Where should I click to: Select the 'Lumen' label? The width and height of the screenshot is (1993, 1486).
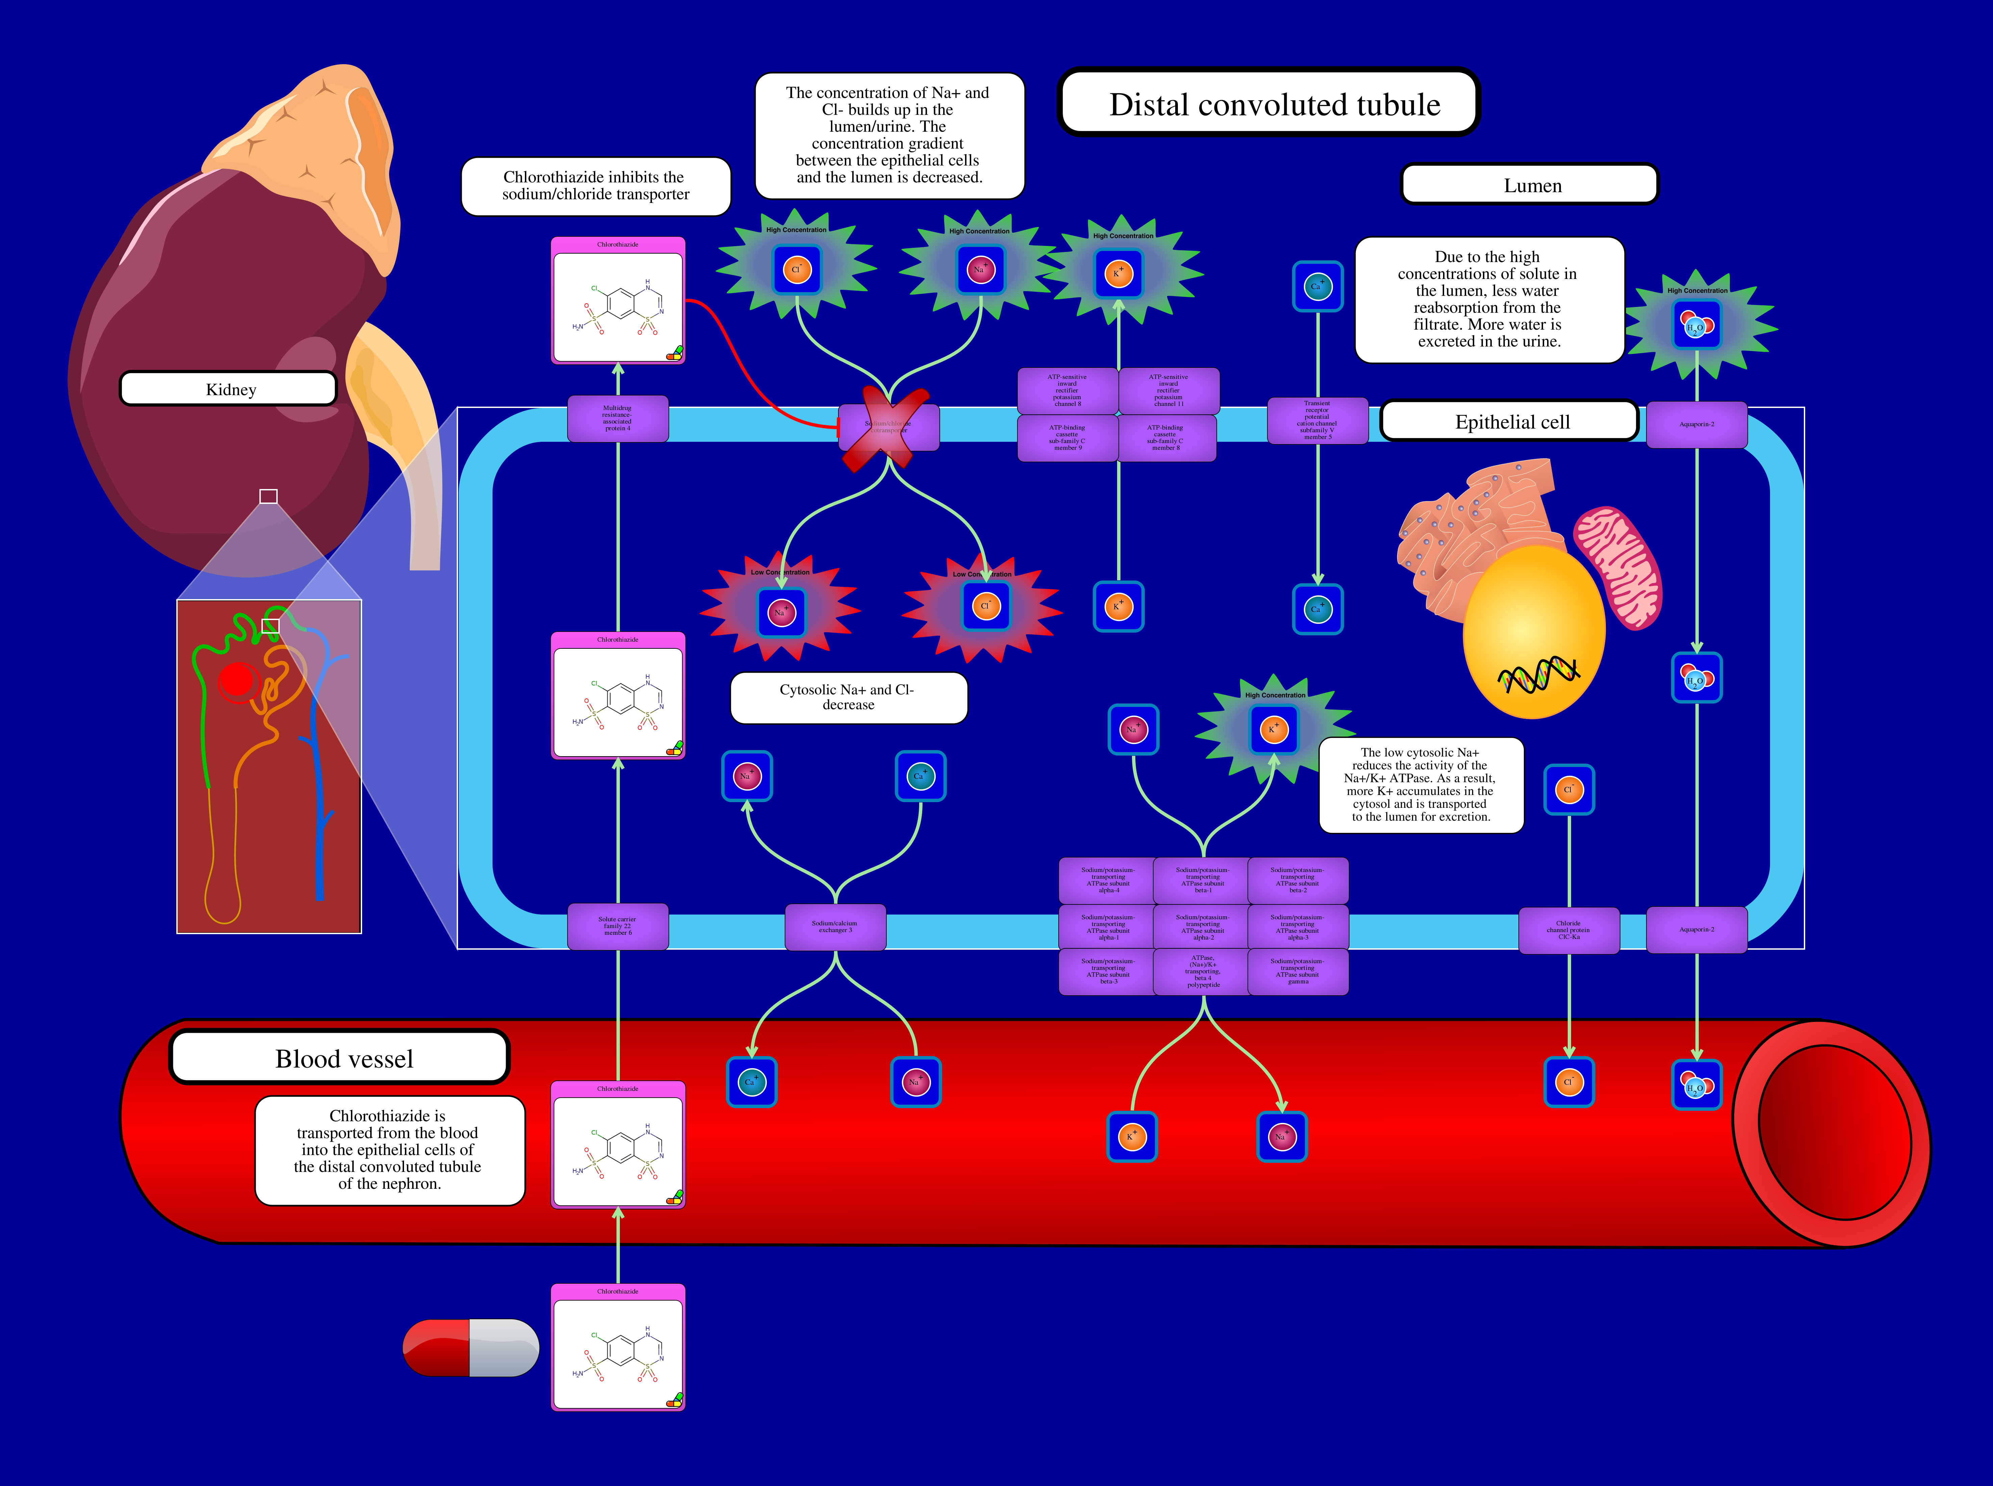click(1530, 185)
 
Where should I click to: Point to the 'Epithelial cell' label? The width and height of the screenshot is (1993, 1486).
click(1510, 422)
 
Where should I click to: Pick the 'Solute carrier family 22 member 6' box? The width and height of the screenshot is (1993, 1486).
click(617, 926)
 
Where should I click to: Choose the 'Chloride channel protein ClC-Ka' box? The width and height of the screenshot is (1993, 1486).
click(1568, 930)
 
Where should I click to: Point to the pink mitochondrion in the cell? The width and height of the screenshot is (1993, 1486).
click(1618, 567)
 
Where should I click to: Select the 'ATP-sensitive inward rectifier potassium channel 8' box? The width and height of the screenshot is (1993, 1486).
click(1067, 390)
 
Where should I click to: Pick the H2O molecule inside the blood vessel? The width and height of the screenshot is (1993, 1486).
click(1696, 1086)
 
